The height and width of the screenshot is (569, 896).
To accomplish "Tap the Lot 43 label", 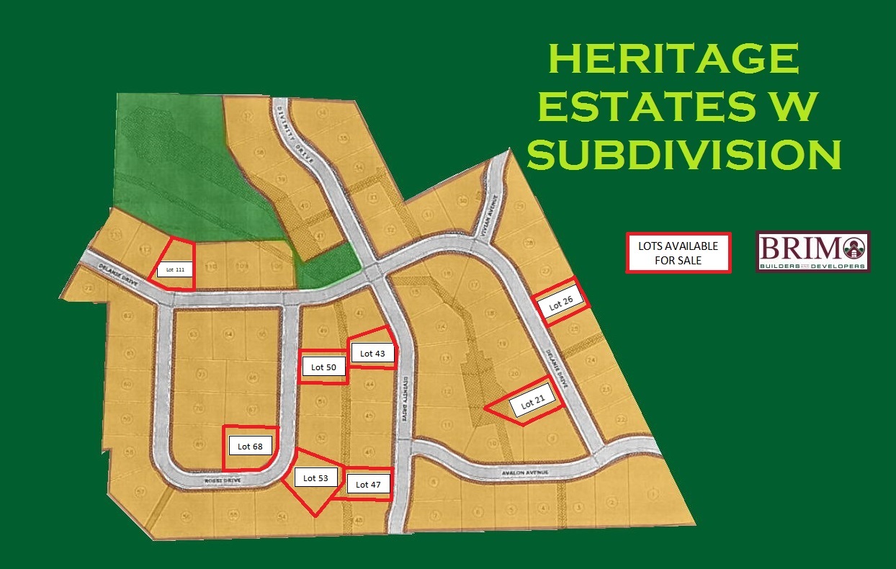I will coord(372,353).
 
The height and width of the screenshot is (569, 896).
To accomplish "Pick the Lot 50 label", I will coord(323,367).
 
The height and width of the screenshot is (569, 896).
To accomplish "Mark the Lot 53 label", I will coord(315,478).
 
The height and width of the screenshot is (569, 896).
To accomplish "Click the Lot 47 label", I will coord(368,485).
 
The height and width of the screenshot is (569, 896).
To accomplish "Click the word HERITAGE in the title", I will coord(673,61).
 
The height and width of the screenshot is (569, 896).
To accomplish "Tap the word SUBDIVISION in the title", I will coord(684,154).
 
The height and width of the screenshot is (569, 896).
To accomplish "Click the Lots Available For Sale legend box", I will coord(678,252).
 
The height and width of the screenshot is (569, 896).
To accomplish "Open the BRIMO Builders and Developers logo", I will coord(812,251).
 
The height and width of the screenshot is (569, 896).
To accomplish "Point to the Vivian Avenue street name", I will coord(487,216).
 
